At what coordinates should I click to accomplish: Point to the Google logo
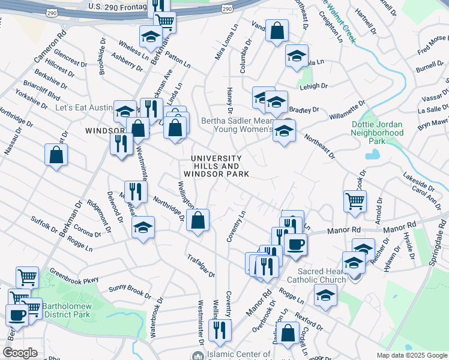(20, 353)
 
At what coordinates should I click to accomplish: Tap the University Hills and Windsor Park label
(216, 166)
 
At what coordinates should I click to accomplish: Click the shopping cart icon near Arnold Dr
(355, 201)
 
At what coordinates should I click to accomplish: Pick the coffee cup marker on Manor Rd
(295, 244)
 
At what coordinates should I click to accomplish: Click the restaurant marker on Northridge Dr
(136, 191)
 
